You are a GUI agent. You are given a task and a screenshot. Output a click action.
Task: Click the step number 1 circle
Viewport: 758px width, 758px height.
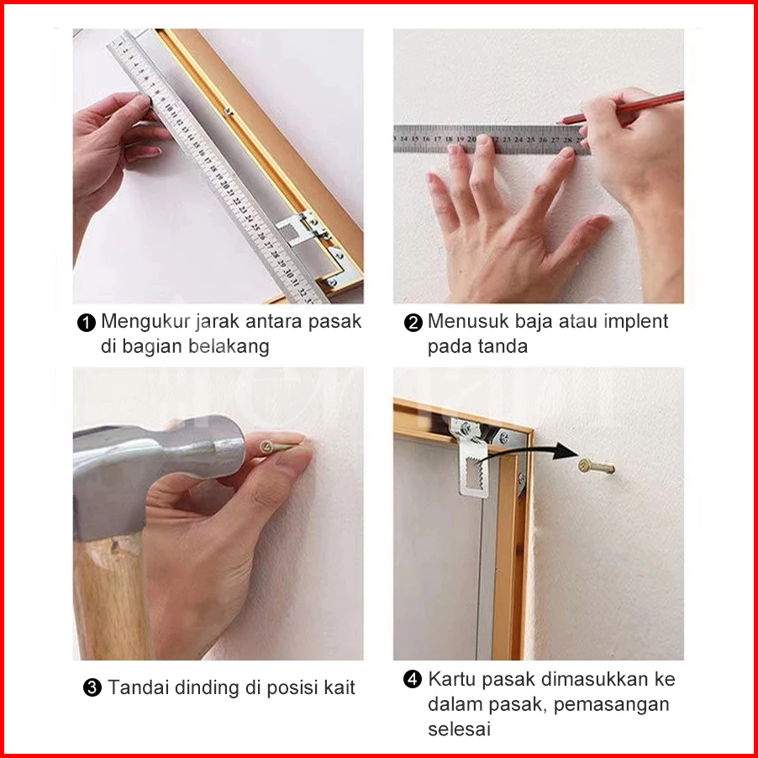[86, 323]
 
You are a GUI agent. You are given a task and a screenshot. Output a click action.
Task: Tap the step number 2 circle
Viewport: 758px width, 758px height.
[413, 323]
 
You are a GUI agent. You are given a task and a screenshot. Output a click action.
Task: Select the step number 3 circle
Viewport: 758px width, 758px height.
[92, 687]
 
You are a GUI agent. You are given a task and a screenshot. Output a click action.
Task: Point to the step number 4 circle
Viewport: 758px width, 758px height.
[412, 679]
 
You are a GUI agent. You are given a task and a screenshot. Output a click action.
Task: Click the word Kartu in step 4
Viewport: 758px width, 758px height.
[452, 679]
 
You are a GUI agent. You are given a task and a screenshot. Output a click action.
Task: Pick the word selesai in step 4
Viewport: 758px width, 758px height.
[459, 729]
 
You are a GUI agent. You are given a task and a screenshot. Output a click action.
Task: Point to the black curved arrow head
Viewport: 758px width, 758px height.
[566, 450]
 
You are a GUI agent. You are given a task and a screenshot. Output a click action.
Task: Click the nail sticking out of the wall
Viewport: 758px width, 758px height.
[596, 466]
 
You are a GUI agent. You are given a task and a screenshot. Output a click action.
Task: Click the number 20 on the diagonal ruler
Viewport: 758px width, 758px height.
[224, 185]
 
